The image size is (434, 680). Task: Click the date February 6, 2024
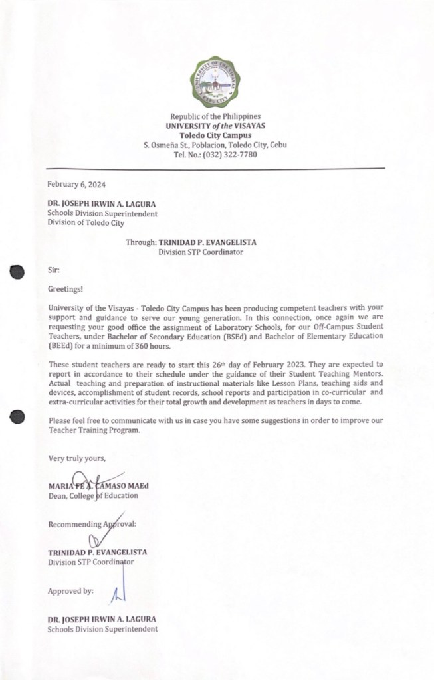click(76, 184)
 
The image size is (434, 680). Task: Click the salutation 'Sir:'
click(54, 271)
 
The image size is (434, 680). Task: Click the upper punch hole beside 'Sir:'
click(17, 271)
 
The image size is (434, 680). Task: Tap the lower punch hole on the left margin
click(17, 416)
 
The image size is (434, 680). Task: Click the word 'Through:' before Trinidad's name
click(141, 242)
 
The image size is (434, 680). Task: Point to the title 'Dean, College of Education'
click(92, 495)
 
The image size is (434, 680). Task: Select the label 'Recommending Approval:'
click(92, 524)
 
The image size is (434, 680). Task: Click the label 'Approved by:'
click(70, 590)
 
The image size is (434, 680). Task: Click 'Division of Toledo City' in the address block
click(85, 223)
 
